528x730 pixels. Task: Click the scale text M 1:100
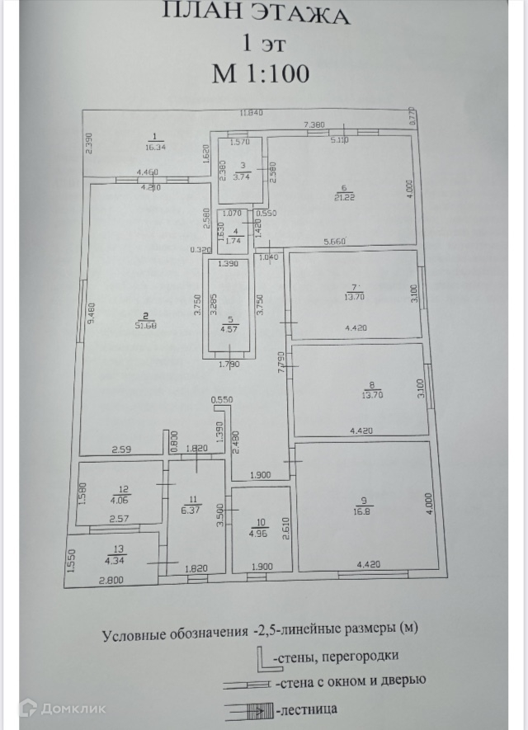click(x=262, y=73)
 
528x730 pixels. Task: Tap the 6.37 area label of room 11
click(x=194, y=510)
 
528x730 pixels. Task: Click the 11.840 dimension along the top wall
click(x=252, y=112)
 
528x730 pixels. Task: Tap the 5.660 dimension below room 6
click(x=335, y=242)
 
